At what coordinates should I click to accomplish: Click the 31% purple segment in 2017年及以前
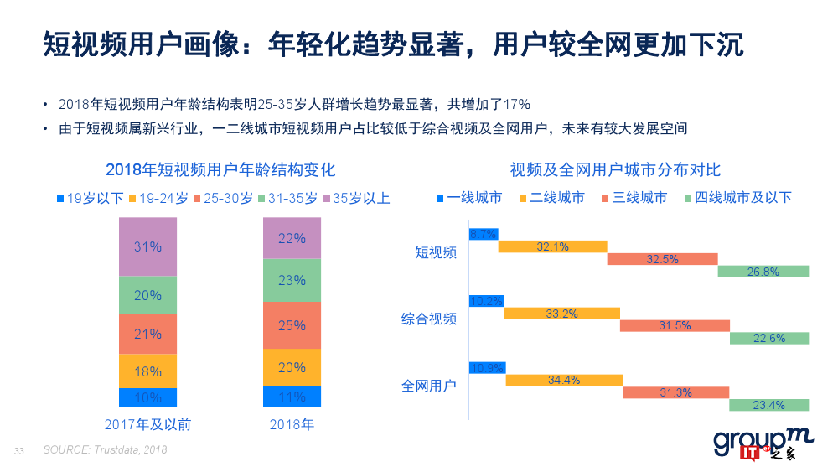coord(147,246)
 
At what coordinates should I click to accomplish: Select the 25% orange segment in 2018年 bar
coord(292,325)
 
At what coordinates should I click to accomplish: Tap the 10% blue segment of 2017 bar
coord(147,397)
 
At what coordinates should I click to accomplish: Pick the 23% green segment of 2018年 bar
coord(292,280)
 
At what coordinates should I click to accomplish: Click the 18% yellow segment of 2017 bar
coord(147,371)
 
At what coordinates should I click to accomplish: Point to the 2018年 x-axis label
coord(292,425)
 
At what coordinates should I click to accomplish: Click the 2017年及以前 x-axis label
coord(147,425)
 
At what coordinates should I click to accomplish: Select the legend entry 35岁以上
coord(356,199)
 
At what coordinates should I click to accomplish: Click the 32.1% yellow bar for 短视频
coord(552,246)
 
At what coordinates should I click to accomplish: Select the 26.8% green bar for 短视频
coord(763,272)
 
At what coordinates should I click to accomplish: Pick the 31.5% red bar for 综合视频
coord(675,325)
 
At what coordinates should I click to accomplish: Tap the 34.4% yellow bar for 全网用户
coord(564,380)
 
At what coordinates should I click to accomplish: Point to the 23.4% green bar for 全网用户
coord(768,405)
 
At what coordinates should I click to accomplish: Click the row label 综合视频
coord(429,319)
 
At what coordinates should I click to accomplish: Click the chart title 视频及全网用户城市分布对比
coord(615,170)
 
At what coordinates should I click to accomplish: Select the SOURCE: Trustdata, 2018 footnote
coord(105,450)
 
